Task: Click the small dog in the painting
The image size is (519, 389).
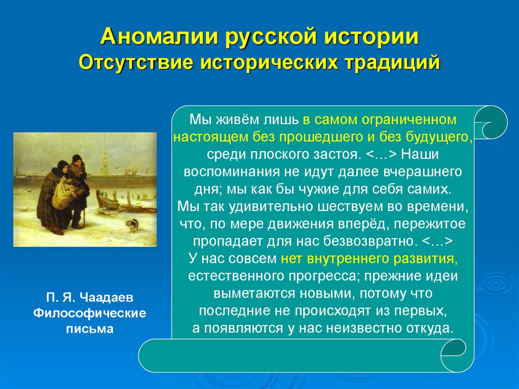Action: coord(132,224)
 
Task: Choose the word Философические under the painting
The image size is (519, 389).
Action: coord(90,313)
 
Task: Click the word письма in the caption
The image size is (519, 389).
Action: coord(90,329)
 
